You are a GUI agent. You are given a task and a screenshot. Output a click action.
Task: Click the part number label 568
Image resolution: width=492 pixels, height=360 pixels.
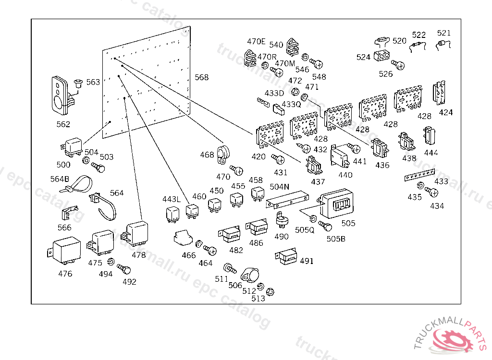coord(202,77)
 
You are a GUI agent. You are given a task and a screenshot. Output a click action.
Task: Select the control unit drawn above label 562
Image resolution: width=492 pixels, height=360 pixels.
coord(60,95)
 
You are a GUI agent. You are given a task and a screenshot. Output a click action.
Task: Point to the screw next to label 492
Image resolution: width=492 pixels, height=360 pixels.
coord(123,269)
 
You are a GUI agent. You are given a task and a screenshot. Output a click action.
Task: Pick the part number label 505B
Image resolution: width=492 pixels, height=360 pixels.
coord(336,239)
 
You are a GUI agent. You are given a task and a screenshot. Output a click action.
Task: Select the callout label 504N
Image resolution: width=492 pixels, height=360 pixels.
coord(279,186)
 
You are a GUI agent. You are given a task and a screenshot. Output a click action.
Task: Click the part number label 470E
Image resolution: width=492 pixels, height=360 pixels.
coord(256,41)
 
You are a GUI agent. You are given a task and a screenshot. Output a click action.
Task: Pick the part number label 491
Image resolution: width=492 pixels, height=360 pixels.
coord(307,261)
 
